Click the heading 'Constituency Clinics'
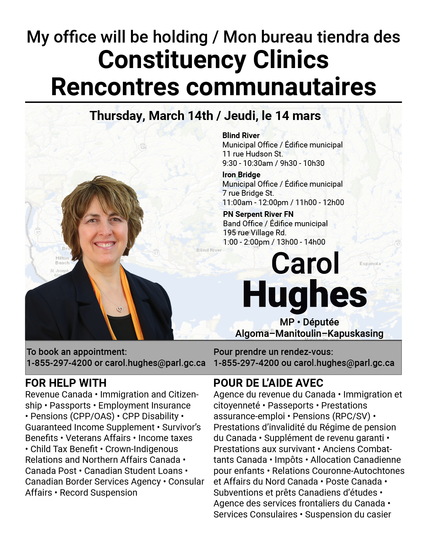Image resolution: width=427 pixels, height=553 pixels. [x=213, y=60]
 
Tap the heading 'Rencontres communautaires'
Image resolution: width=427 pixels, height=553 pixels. [x=213, y=86]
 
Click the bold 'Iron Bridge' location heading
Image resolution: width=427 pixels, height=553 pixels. [x=241, y=175]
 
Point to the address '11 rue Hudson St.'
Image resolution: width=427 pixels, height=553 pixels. [x=253, y=154]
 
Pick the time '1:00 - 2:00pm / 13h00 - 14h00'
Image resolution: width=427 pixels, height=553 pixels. [x=274, y=242]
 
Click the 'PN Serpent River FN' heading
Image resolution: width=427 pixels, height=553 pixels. [x=258, y=214]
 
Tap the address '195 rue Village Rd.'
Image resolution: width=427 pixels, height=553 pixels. [x=255, y=233]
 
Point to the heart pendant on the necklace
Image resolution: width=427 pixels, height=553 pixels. [x=120, y=309]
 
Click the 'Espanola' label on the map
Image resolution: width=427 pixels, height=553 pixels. [x=370, y=263]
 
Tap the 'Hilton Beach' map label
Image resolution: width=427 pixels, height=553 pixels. [x=62, y=260]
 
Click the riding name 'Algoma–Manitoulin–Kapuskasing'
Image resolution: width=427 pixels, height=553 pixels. [x=309, y=333]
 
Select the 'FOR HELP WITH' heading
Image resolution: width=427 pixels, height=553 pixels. [x=66, y=383]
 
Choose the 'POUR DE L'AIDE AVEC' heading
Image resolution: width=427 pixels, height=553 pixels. [x=268, y=383]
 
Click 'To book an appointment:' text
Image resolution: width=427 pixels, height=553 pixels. [x=77, y=352]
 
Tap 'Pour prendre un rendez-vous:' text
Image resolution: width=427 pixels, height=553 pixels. [x=273, y=352]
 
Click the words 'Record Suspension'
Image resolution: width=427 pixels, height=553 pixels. [x=98, y=493]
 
